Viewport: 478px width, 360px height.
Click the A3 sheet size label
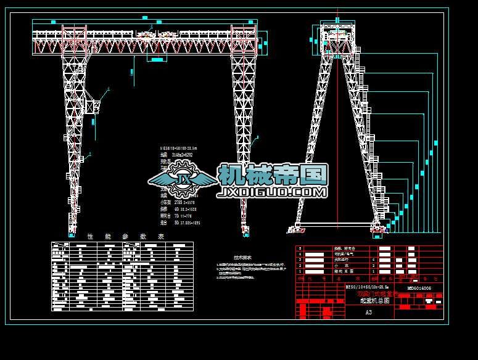coord(368,312)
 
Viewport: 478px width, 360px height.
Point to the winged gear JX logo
coord(183,179)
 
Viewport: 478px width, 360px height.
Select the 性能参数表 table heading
coord(126,236)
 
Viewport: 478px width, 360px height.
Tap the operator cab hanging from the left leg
coord(93,106)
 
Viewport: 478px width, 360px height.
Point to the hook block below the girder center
coord(157,59)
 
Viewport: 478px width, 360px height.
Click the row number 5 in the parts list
coord(300,248)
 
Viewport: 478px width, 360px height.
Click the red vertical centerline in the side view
coord(337,136)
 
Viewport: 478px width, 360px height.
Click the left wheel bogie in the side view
coord(297,230)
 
